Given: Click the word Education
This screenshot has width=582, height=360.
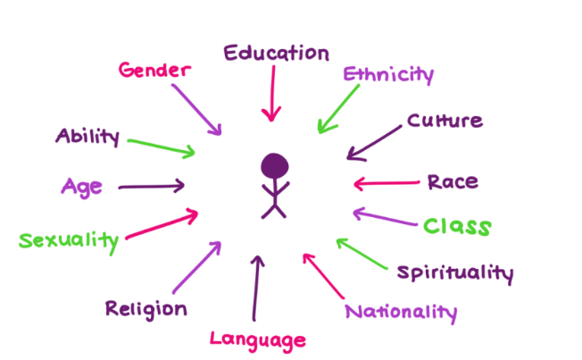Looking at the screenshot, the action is coord(276,54).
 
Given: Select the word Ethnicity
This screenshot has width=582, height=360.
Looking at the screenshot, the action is coord(388,73).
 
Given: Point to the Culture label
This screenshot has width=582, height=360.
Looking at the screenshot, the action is coord(445,121).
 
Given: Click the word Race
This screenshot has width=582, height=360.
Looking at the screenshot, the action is coord(452,182).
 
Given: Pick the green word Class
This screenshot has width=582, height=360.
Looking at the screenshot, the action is coord(456,226).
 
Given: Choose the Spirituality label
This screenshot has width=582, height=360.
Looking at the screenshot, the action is coord(454,272).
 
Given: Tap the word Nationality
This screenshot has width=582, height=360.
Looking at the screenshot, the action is coord(401,313).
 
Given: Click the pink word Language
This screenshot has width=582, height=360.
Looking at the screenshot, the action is coord(258,339).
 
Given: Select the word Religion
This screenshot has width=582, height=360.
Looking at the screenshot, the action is coord(146,309).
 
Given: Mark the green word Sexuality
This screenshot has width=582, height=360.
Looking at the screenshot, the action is coord(69,239).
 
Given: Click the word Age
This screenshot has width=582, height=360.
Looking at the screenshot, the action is coord(81,187).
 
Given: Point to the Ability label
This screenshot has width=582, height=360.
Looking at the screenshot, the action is coord(87,137).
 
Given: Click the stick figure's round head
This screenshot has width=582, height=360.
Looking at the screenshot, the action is coord(275,165).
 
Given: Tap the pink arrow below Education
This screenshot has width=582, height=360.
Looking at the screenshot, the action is coord(270,97).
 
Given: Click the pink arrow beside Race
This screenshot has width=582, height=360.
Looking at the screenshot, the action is coord(386,184).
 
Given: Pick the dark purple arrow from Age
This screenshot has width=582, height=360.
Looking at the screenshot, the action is coord(151,187).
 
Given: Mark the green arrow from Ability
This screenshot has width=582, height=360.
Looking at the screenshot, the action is coord(162,146).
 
